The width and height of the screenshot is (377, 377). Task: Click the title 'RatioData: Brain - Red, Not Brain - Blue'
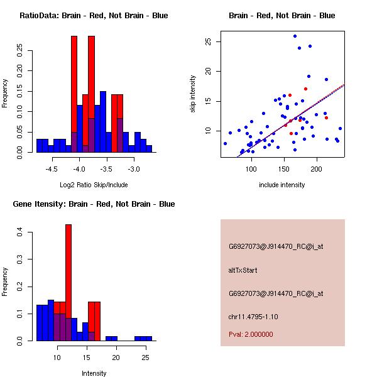tap(94, 16)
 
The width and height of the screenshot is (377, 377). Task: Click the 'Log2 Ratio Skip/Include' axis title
tap(94, 185)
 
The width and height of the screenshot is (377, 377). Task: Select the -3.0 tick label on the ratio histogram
tap(134, 169)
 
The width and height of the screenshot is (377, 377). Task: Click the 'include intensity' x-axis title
tap(281, 185)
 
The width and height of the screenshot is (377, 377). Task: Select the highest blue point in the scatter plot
tap(295, 36)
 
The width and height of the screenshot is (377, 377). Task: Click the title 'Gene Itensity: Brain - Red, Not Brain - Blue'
tap(94, 204)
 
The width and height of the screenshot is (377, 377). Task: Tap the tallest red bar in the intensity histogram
tap(68, 283)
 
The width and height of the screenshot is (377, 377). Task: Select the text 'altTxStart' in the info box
tap(243, 270)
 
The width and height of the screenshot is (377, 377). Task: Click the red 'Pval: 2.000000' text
tap(251, 334)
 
